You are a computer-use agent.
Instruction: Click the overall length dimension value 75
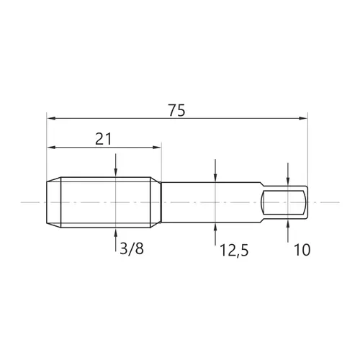coord(176,110)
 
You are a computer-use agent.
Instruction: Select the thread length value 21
coord(104,139)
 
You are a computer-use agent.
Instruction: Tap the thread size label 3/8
coord(132,248)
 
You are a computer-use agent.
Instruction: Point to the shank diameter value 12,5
coord(234,250)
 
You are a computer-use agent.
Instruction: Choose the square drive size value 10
coord(302,250)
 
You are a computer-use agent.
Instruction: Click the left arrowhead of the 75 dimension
coord(51,118)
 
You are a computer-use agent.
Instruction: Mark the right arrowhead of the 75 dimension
coord(303,118)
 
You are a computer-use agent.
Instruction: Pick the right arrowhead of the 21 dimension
coord(156,148)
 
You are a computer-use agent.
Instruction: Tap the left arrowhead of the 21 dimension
coord(51,148)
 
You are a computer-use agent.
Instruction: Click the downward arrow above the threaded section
coord(116,166)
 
